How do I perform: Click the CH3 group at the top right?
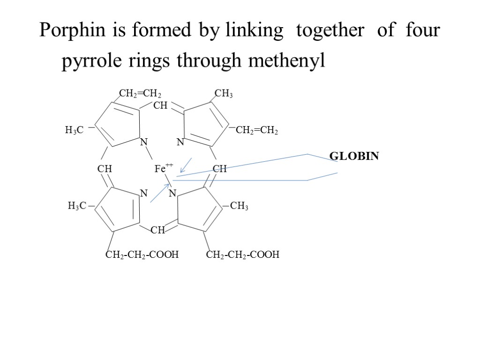coord(224,94)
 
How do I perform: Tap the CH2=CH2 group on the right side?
coord(257,131)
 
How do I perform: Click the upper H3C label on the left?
coord(74,131)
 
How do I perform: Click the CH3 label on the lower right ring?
coord(240,206)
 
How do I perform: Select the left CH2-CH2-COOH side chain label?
coord(142,255)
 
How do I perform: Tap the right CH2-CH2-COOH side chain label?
coord(243,255)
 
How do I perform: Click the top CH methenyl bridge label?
coord(160,106)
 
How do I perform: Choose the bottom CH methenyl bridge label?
coord(158,230)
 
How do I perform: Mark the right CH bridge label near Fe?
coord(219,168)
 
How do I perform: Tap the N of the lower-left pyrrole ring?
coord(144,193)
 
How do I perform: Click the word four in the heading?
coord(424,31)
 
